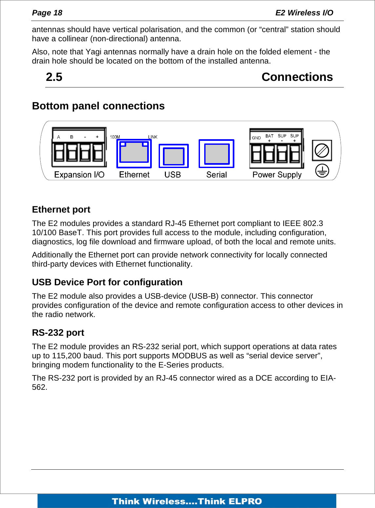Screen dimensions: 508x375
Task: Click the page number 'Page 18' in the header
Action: coord(47,13)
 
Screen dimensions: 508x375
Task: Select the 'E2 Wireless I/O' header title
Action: coord(304,13)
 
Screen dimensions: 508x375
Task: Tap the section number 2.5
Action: coord(54,77)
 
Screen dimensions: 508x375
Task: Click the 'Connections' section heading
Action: coord(297,77)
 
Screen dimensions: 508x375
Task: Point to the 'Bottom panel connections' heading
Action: coord(98,106)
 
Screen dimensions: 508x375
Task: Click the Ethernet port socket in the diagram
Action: coord(134,153)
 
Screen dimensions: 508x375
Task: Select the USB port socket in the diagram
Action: coord(174,156)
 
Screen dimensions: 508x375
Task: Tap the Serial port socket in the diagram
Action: coord(216,154)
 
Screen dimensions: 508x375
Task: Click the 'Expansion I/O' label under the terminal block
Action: coord(79,175)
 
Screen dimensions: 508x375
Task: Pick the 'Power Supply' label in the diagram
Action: coord(277,175)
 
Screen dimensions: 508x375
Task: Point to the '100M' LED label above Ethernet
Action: coord(115,137)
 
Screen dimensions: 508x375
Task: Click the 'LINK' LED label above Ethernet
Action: coord(153,137)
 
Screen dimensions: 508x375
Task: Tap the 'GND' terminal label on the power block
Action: coord(256,138)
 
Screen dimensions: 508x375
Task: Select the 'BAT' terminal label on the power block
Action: coord(269,136)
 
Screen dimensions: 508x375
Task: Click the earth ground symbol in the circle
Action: coord(322,171)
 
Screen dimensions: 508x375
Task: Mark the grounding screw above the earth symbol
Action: coord(322,151)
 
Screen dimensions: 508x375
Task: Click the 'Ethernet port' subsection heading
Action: coord(61,210)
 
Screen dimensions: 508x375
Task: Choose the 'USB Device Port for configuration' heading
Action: coord(107,282)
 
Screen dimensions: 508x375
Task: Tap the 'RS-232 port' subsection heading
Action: coord(58,333)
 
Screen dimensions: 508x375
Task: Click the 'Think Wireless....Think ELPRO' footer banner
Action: coord(187,501)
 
